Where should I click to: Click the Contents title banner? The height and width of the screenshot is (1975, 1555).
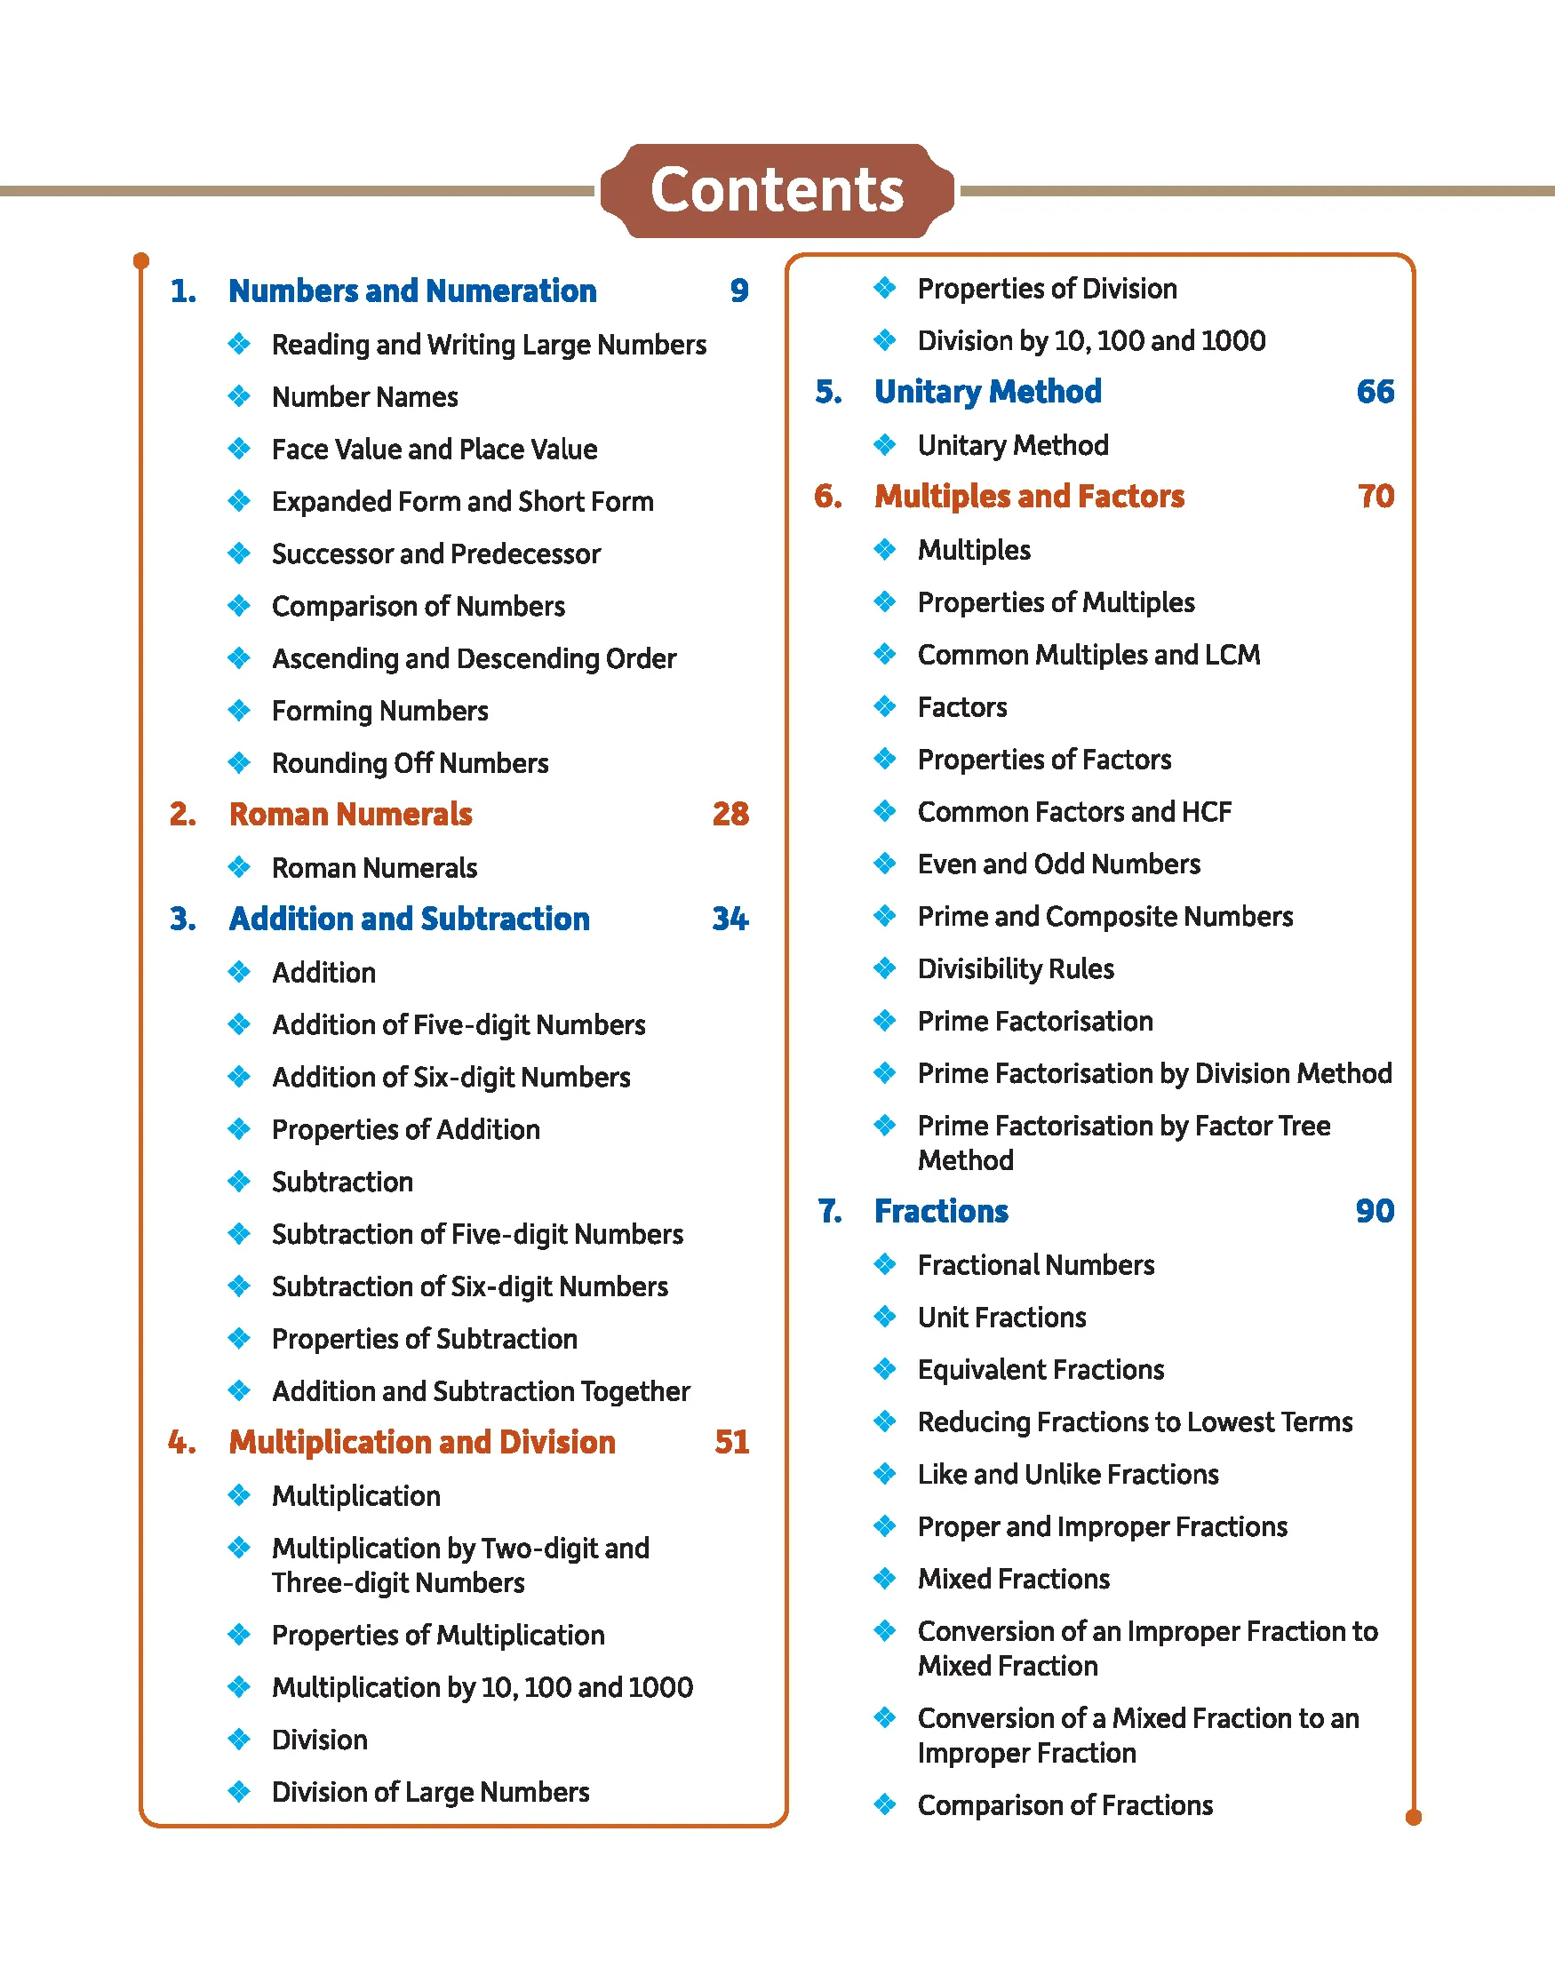[777, 190]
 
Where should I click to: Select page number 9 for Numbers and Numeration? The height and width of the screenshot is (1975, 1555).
[739, 291]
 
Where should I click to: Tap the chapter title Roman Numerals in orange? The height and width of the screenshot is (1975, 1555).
[350, 814]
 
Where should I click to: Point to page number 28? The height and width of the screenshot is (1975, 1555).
[730, 814]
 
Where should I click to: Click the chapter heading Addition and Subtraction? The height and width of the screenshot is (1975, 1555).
[409, 919]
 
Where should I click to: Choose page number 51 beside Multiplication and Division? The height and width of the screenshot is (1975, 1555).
[731, 1442]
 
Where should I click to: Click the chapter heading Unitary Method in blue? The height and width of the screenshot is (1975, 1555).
[987, 392]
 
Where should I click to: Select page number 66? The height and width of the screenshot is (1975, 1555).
[1375, 392]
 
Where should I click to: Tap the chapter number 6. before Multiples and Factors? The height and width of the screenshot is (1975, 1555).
[827, 496]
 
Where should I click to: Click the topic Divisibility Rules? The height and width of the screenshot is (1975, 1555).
[1015, 968]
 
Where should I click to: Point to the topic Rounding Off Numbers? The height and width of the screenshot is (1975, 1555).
[410, 762]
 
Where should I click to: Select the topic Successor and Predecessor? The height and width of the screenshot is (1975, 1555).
[436, 553]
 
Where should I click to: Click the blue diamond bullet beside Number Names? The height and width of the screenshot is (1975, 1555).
[239, 396]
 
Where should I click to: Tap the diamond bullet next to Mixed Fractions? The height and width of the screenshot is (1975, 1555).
[885, 1578]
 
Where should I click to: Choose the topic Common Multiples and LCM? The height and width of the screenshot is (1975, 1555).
[1088, 655]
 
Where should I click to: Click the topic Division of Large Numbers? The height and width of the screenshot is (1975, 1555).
[430, 1792]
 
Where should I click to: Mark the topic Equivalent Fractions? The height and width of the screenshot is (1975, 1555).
[1041, 1369]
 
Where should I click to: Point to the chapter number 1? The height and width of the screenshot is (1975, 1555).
[183, 291]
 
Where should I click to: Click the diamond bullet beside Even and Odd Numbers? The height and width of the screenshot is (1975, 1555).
[885, 863]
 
